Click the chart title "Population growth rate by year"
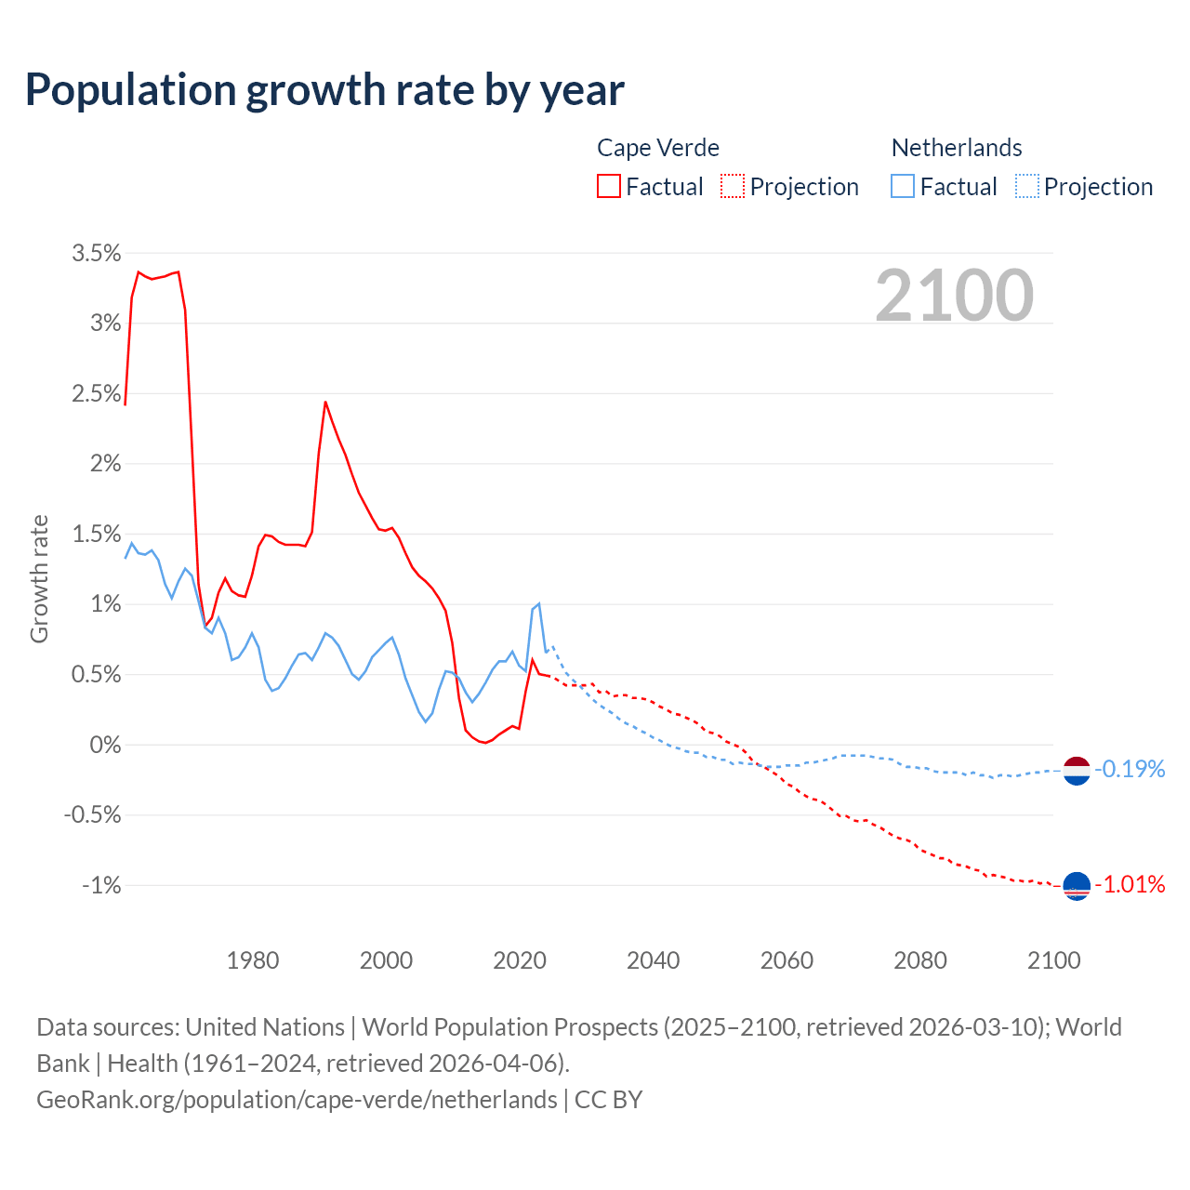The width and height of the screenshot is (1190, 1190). click(x=324, y=90)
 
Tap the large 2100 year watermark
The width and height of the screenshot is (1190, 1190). click(x=954, y=296)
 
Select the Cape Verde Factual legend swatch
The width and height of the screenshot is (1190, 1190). click(x=609, y=187)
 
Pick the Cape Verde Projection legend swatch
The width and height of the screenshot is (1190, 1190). click(x=733, y=187)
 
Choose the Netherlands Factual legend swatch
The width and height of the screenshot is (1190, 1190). click(x=903, y=187)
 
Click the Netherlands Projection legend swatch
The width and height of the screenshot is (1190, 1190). click(x=1026, y=187)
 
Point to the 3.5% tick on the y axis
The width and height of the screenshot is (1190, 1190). click(x=97, y=253)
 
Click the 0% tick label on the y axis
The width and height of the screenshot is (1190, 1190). click(x=105, y=745)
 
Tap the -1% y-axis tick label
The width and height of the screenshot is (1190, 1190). click(x=101, y=885)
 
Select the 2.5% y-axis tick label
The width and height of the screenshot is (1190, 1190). click(x=97, y=393)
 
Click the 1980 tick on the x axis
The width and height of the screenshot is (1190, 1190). click(x=253, y=960)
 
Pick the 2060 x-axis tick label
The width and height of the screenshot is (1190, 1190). click(x=787, y=960)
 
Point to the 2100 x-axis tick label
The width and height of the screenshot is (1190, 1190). click(x=1053, y=960)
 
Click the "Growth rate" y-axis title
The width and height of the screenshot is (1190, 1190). click(x=39, y=578)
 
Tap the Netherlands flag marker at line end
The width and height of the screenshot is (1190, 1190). click(x=1076, y=771)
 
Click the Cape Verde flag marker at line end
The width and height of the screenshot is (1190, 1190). click(x=1076, y=886)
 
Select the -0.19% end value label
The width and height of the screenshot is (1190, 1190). click(x=1130, y=769)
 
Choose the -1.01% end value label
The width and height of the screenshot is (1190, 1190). click(x=1130, y=884)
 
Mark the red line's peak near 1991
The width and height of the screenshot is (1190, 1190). click(x=325, y=402)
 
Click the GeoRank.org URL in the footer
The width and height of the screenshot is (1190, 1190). click(x=297, y=1100)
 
